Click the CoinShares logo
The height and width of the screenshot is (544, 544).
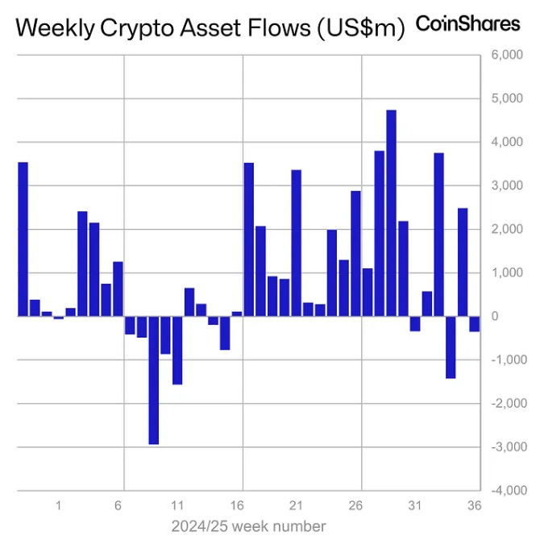click(467, 23)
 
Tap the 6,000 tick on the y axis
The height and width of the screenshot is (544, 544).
click(507, 56)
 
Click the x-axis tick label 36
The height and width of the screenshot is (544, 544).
click(474, 506)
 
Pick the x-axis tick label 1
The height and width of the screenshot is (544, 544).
click(59, 506)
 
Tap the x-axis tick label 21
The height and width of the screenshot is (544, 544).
click(296, 506)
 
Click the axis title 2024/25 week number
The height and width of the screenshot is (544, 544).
click(248, 526)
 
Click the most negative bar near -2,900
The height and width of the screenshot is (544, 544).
click(153, 379)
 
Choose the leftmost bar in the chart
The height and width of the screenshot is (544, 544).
click(23, 239)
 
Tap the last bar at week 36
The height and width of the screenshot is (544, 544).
click(475, 323)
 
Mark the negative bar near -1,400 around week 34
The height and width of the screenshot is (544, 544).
click(451, 347)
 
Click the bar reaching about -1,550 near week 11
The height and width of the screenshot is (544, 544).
click(177, 350)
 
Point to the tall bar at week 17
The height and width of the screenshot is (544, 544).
click(249, 239)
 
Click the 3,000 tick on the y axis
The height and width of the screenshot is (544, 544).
click(507, 186)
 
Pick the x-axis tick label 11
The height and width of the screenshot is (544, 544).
click(177, 506)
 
